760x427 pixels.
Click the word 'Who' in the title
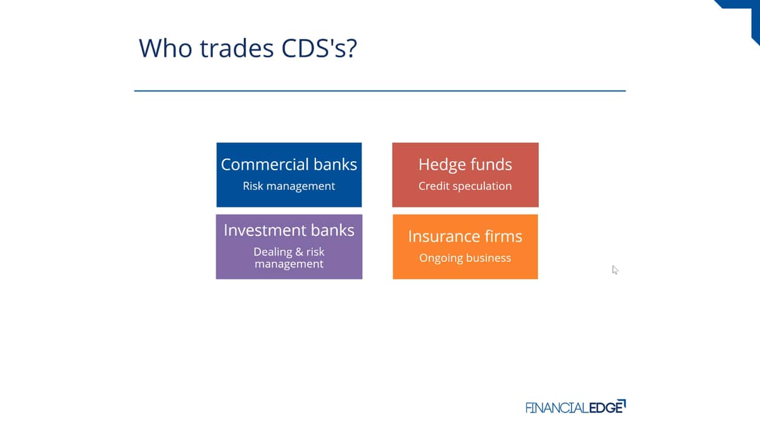coord(165,48)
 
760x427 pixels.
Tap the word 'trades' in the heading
coord(237,48)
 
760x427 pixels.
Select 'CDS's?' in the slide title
coord(319,48)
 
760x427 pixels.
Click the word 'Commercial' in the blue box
coord(265,164)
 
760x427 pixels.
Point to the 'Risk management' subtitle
coord(289,186)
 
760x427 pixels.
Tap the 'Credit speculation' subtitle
coord(465,186)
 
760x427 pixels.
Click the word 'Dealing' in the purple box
coord(273,252)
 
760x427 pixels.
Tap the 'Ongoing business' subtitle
coord(465,258)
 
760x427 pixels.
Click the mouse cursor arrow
coord(615,269)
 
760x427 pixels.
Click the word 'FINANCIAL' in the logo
coord(557,407)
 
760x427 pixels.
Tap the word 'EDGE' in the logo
coord(607,407)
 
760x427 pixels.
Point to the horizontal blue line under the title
coord(380,91)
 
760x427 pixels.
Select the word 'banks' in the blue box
coord(335,164)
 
